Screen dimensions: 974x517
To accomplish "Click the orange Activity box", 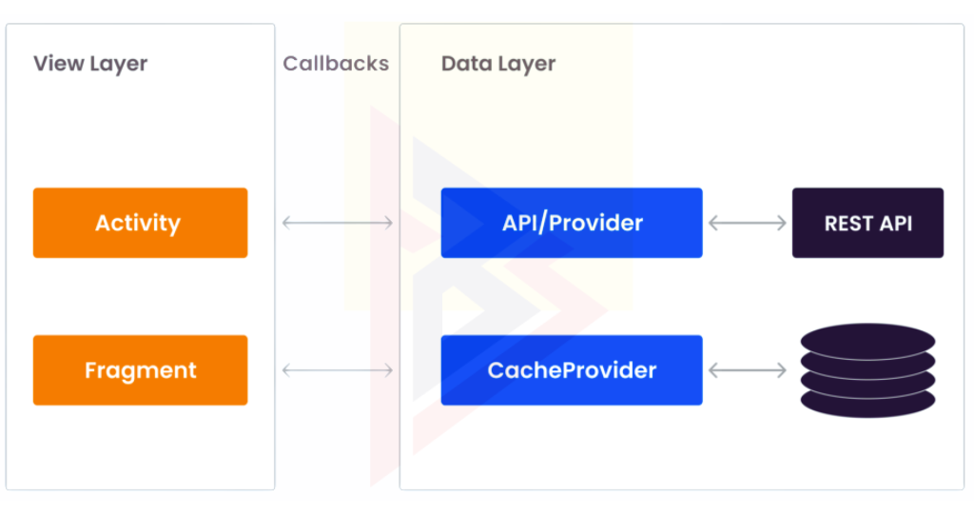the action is (141, 223).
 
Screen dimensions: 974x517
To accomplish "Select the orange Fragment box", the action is (141, 370).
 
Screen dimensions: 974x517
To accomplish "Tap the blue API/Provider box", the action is (572, 223).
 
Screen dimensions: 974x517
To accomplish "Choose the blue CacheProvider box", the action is (572, 370).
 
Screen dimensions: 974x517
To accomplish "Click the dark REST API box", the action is (867, 223).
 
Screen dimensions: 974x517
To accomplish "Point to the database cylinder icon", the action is (867, 370).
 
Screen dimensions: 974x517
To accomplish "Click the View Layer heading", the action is (90, 64).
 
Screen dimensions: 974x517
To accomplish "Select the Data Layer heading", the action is (498, 64).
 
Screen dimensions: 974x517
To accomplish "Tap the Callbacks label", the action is (336, 64).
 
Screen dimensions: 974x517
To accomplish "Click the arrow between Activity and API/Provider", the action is (338, 223).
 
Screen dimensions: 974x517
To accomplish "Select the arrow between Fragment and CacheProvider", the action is (338, 370).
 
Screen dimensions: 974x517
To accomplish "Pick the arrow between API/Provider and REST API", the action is (748, 223).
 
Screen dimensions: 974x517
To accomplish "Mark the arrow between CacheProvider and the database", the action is (748, 370).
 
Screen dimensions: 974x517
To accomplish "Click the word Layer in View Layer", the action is (119, 65).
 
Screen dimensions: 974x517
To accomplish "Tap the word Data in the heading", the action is (466, 64).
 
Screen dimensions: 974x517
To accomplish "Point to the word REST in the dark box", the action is (846, 224).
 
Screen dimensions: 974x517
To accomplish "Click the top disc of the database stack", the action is (867, 341).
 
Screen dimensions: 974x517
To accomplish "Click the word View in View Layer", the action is (59, 64).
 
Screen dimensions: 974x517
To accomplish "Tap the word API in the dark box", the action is (893, 224).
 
